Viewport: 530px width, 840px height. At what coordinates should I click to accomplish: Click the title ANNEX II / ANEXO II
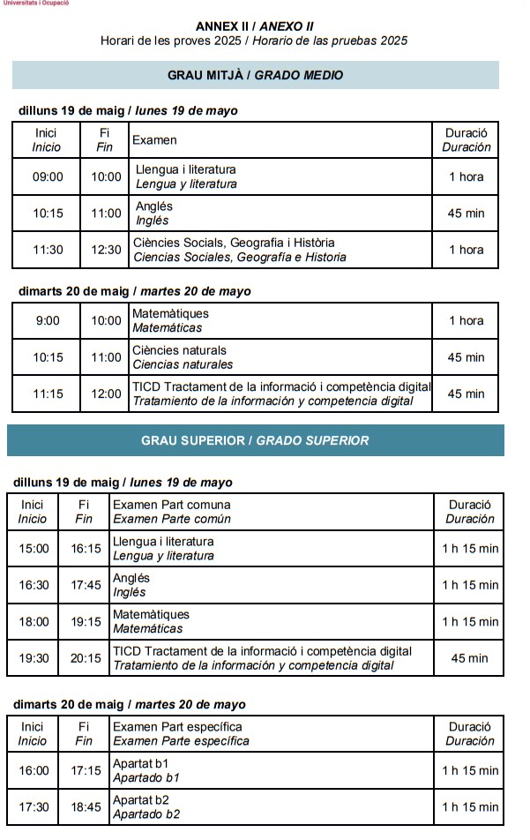click(x=254, y=26)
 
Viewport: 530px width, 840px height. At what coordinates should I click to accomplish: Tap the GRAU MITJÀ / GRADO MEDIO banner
click(x=255, y=75)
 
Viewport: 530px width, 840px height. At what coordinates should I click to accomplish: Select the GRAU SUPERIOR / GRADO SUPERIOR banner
click(x=255, y=440)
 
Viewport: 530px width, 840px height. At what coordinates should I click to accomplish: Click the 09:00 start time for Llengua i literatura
click(x=48, y=176)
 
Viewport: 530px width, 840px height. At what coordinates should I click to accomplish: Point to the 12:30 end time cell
click(x=107, y=250)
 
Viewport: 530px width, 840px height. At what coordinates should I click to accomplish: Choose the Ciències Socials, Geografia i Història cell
click(x=280, y=250)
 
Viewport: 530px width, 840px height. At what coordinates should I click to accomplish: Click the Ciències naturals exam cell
click(x=280, y=357)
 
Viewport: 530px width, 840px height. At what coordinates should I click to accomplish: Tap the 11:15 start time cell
click(x=48, y=394)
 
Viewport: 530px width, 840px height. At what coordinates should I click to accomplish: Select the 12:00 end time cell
click(x=107, y=394)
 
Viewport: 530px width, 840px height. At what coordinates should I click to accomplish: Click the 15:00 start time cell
click(x=34, y=549)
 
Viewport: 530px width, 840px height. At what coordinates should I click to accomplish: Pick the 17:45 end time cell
click(x=86, y=585)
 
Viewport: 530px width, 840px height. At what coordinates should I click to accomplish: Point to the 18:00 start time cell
click(x=34, y=622)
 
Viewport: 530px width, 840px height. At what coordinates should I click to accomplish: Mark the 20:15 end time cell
click(x=86, y=658)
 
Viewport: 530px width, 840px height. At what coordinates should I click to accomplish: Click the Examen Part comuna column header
click(x=272, y=512)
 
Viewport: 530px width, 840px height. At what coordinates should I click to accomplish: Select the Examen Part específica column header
click(x=272, y=734)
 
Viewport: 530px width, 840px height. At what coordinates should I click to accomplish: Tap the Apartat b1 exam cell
click(x=272, y=770)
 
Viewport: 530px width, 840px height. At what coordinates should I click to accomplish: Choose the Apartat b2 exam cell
click(x=272, y=807)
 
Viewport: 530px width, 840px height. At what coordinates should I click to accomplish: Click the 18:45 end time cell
click(x=86, y=807)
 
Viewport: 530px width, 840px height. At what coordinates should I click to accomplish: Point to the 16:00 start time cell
click(x=34, y=770)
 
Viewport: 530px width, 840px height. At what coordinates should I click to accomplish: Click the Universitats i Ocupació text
click(x=34, y=4)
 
